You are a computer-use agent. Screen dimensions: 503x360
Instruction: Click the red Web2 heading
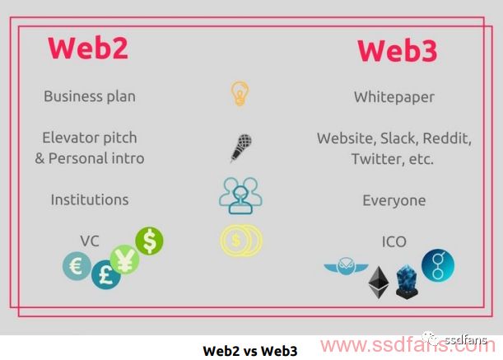point(88,48)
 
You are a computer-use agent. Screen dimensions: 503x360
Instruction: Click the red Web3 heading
point(397,51)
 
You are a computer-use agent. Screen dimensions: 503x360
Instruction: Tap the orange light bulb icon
point(240,93)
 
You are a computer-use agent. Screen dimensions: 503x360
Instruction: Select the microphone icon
point(241,148)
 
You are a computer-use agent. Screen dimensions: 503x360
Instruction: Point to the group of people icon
point(240,195)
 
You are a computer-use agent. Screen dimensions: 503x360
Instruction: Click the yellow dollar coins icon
point(241,241)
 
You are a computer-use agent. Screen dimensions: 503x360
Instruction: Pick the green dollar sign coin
point(149,241)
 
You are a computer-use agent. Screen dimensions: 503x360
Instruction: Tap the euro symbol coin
point(77,266)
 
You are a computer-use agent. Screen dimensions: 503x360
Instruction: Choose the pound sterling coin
point(106,274)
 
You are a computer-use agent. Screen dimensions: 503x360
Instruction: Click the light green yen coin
point(125,259)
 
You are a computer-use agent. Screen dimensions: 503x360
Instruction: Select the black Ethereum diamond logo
point(379,283)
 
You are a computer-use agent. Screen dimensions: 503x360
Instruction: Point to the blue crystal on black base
point(407,282)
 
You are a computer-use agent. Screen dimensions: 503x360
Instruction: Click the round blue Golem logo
point(438,265)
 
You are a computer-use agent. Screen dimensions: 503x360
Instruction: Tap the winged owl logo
point(346,266)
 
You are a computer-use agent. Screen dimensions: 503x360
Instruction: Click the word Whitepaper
point(394,97)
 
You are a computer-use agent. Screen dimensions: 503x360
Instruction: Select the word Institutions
point(90,199)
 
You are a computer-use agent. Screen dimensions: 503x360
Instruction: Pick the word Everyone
point(394,201)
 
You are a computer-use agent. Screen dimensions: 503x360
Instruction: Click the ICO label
point(394,242)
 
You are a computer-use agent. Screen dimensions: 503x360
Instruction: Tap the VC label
point(90,241)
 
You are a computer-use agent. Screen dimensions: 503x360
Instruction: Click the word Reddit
point(447,138)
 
